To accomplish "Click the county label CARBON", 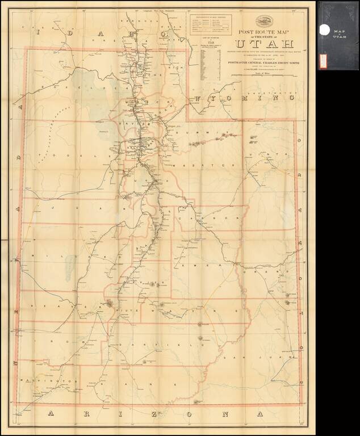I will click(203, 218).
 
